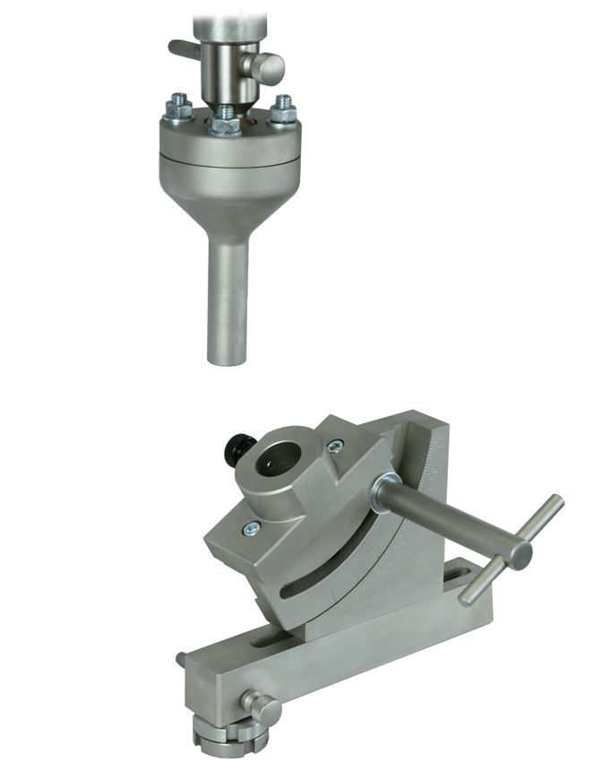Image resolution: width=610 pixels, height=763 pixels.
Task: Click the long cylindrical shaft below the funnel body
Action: tap(228, 296)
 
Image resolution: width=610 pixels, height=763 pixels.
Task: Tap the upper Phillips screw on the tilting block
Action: tap(335, 446)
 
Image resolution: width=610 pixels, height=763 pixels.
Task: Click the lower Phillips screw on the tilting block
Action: tap(252, 529)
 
